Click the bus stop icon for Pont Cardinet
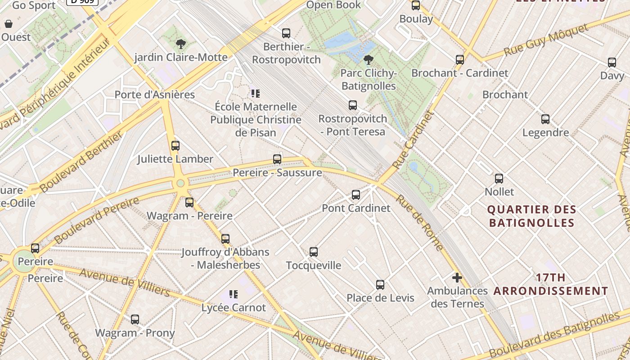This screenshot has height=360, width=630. [356, 195]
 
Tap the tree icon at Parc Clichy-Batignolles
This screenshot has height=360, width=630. [369, 59]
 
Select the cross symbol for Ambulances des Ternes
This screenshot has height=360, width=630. [457, 278]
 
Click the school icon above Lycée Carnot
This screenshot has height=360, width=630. [233, 294]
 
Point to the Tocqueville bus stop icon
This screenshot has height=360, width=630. [314, 252]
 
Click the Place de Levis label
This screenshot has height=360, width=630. [380, 298]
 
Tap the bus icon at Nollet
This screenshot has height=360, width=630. [499, 179]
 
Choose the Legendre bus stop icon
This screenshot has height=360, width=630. [545, 119]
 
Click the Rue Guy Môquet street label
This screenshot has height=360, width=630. [546, 41]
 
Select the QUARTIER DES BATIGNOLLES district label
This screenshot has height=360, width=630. [532, 216]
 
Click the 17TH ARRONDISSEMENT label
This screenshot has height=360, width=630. [551, 284]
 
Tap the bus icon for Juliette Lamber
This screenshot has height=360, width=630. [175, 146]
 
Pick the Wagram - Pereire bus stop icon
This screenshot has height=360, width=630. [189, 202]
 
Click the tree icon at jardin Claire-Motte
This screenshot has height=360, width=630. [181, 44]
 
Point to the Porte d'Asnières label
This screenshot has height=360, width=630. [155, 94]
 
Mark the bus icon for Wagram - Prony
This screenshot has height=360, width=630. [135, 319]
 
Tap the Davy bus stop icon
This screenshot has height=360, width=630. [612, 63]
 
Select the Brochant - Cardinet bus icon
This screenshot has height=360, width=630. [460, 60]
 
